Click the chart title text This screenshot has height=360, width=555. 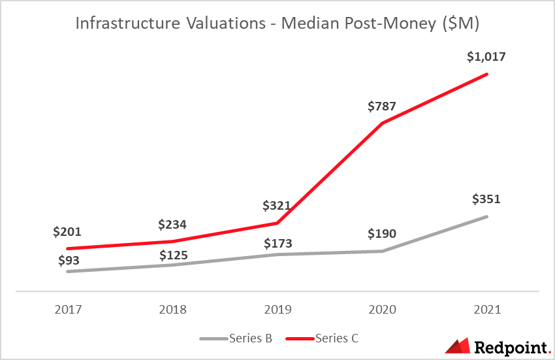pyautogui.click(x=277, y=24)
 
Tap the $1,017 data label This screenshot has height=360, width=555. pyautogui.click(x=486, y=57)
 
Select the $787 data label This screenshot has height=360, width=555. pyautogui.click(x=382, y=106)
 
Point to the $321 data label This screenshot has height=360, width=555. pyautogui.click(x=278, y=206)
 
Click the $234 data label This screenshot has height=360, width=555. pyautogui.click(x=172, y=225)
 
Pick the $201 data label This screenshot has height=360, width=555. pyautogui.click(x=68, y=231)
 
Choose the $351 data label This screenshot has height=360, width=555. pyautogui.click(x=486, y=199)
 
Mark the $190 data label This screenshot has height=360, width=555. pyautogui.click(x=382, y=234)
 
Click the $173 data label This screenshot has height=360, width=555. pyautogui.click(x=278, y=243)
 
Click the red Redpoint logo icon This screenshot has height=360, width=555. pyautogui.click(x=458, y=346)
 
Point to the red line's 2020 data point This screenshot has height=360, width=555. pyautogui.click(x=382, y=123)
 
